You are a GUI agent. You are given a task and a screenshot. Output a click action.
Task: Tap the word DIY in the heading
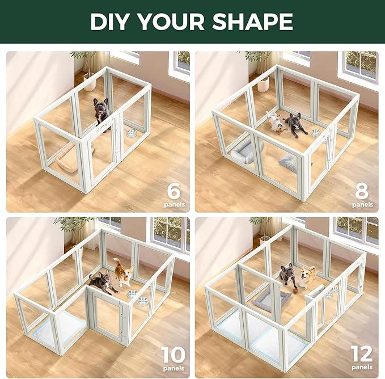click(x=112, y=21)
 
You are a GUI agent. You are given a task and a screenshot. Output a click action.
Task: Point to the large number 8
click(x=363, y=189)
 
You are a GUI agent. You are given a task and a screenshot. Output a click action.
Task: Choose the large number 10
click(x=173, y=356)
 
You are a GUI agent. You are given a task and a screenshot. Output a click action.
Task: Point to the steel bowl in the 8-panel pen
click(x=316, y=133)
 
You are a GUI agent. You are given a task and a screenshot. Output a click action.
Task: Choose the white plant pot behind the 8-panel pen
click(x=263, y=83)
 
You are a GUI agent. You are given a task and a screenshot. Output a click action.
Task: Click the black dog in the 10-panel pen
click(x=100, y=282)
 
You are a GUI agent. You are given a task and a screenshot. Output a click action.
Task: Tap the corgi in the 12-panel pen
click(x=307, y=277)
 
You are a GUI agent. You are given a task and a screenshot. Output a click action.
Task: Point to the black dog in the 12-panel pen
click(x=289, y=276)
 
